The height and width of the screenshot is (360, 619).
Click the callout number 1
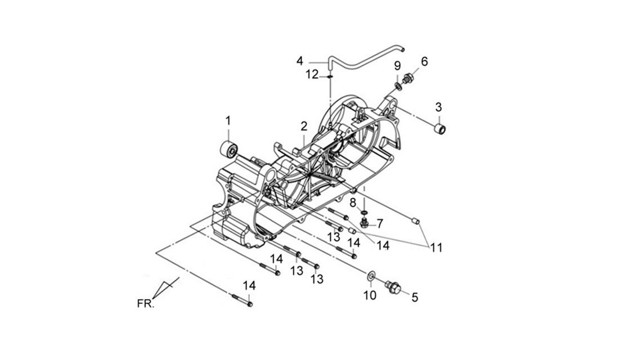click(x=228, y=121)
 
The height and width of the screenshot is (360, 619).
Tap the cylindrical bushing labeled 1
click(x=228, y=149)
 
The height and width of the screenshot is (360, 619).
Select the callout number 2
click(x=303, y=127)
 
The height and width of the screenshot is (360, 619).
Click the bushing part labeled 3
click(x=440, y=128)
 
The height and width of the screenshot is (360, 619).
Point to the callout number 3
click(x=438, y=107)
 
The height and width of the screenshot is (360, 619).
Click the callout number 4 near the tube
click(x=300, y=61)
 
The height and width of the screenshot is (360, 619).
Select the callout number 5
click(x=415, y=297)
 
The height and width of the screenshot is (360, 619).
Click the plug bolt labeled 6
click(x=407, y=79)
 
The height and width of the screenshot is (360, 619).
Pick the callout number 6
click(x=424, y=61)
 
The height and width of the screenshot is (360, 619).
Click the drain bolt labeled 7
click(x=365, y=223)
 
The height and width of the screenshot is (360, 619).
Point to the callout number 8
click(x=353, y=203)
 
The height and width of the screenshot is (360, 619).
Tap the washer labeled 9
click(x=398, y=86)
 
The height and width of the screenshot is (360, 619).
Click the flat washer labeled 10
click(x=371, y=276)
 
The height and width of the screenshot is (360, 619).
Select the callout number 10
click(x=370, y=295)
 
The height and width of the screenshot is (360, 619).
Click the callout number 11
click(x=436, y=248)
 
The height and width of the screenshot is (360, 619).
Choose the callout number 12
click(x=312, y=74)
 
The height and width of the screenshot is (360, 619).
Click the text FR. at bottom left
click(x=146, y=304)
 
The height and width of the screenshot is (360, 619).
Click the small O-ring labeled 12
click(x=330, y=76)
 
